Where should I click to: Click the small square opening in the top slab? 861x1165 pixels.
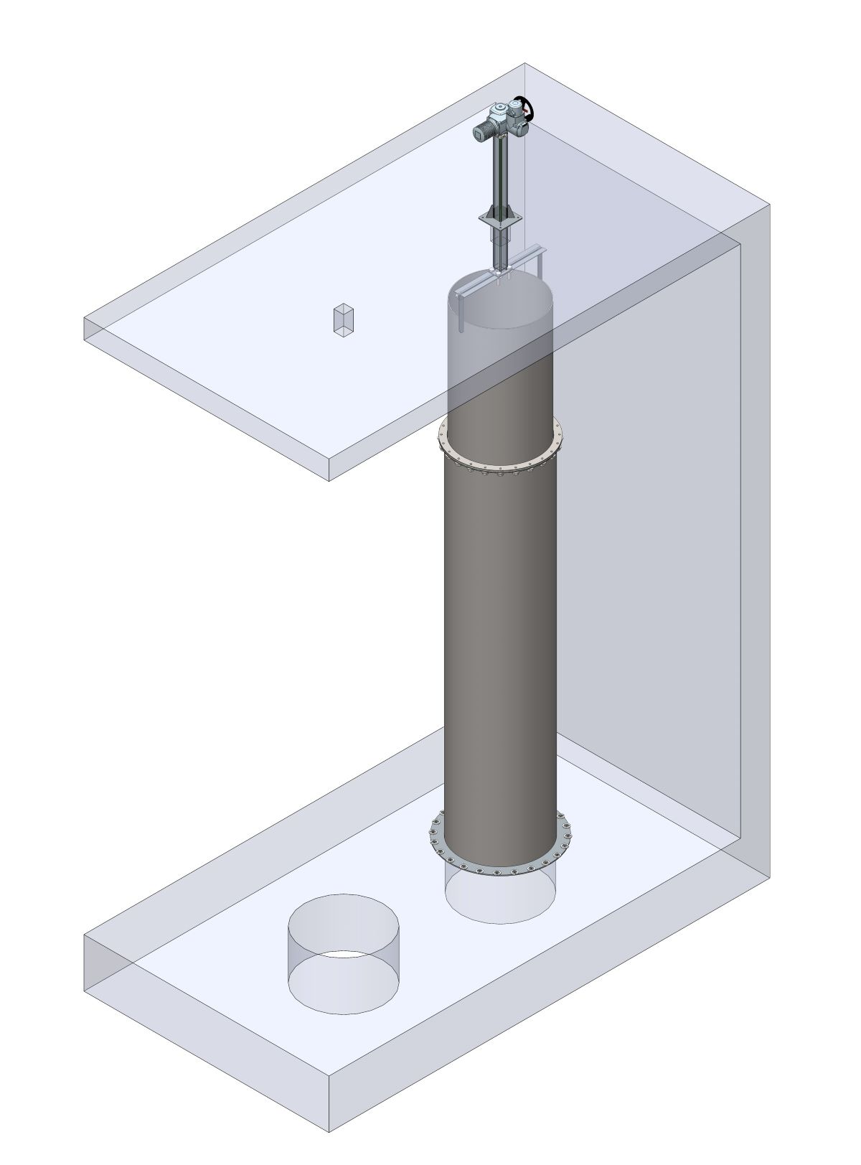pos(343,319)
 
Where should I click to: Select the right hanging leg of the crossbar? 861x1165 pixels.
pos(540,266)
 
